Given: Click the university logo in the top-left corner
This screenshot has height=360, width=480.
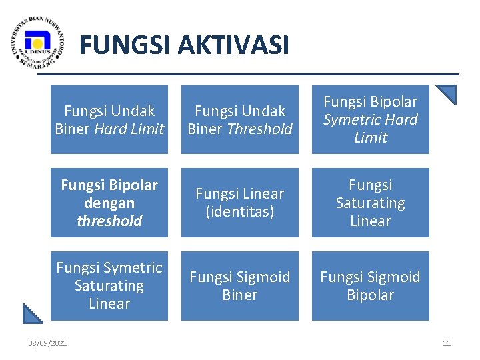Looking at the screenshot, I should [x=38, y=43].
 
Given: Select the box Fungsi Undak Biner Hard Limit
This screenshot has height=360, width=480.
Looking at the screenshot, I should [x=109, y=120].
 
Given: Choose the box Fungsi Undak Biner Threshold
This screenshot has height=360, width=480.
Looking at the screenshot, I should [x=240, y=120].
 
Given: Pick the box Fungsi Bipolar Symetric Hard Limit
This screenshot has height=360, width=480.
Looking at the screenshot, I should [x=371, y=120].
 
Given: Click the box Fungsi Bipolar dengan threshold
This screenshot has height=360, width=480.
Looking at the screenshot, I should [x=109, y=203].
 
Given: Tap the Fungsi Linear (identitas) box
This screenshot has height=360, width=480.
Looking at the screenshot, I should [x=240, y=203].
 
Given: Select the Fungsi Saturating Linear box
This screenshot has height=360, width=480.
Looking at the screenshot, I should [x=371, y=203].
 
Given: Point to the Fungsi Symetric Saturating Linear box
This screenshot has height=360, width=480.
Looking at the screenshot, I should [x=109, y=285].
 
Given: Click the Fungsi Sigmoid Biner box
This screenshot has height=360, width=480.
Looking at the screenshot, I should [x=240, y=285].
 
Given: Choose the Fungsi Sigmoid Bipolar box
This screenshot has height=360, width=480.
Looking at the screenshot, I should [x=371, y=285].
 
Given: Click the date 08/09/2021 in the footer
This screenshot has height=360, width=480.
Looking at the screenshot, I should [x=47, y=343].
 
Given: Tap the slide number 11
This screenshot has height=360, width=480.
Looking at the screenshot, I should [x=447, y=343].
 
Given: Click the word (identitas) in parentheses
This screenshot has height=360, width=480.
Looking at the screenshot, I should [x=240, y=211].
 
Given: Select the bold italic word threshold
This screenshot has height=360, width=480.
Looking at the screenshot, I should [x=109, y=221].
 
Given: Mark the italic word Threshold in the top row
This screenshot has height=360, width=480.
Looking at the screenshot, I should [x=259, y=129].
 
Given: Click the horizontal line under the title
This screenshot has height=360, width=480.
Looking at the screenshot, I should [x=267, y=74].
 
